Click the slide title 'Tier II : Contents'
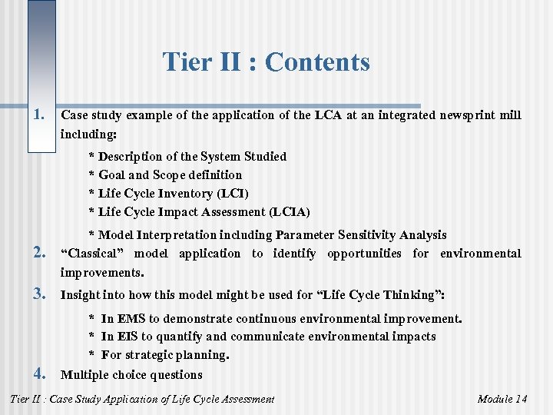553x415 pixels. point(266,62)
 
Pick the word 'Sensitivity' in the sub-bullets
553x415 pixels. point(373,235)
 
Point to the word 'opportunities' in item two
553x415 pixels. point(363,254)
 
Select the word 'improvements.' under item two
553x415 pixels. point(101,273)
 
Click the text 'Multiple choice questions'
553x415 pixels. point(131,375)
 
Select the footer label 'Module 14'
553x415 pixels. point(502,399)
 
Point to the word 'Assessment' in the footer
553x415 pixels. point(245,399)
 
